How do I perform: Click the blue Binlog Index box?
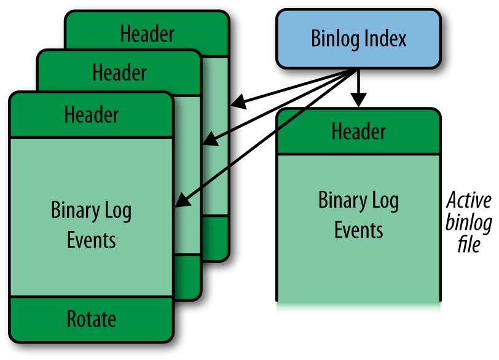tap(358, 38)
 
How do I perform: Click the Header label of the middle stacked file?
tap(119, 72)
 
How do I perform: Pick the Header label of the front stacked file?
tap(92, 114)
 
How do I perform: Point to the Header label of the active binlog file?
tap(358, 131)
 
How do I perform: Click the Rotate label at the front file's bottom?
tap(91, 319)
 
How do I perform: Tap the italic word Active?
tap(469, 201)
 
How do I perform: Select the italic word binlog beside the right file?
tap(469, 222)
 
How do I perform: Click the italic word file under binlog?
tap(469, 245)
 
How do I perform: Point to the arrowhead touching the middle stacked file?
tap(210, 140)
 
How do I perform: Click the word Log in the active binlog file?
tap(384, 202)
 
